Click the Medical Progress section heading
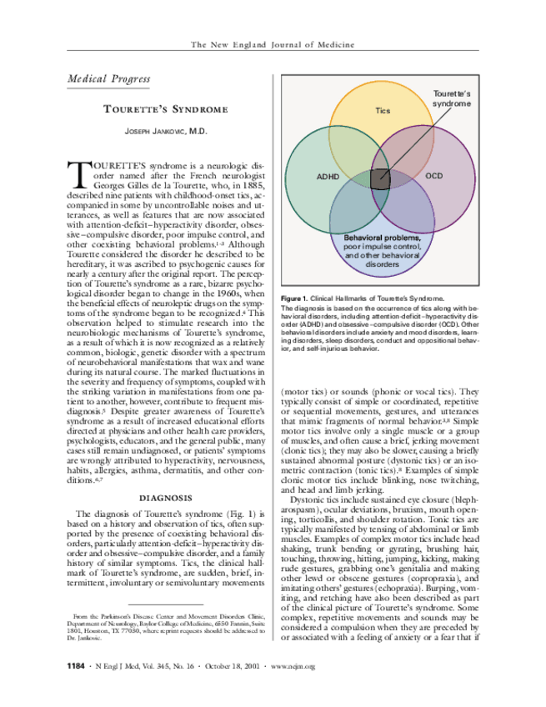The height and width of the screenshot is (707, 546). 108,80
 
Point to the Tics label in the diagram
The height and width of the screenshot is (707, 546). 383,110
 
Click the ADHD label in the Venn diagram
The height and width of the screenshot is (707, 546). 328,177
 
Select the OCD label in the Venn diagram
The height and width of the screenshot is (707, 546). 433,176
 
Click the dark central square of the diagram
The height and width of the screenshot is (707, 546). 380,177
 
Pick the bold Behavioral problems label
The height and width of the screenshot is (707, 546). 383,238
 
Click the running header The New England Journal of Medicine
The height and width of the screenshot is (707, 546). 273,44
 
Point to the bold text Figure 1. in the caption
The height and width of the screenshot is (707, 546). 295,298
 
